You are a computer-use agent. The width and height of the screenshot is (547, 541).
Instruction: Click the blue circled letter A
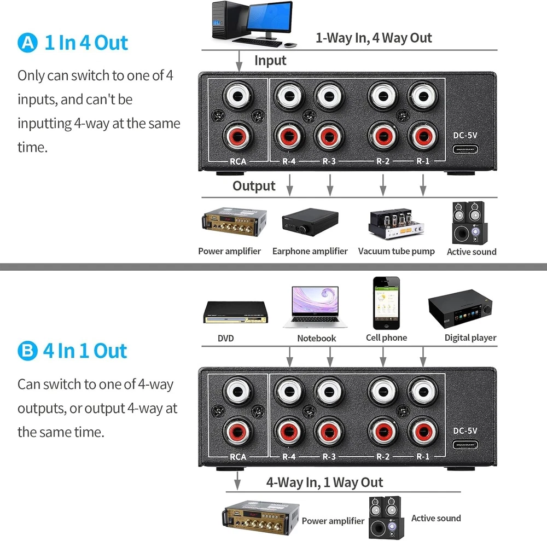tap(27, 43)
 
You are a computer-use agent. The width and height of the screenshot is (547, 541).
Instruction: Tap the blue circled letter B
tap(27, 351)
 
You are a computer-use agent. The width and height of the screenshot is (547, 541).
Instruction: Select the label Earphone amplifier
tap(310, 252)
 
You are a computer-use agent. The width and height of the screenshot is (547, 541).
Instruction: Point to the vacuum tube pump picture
tap(395, 224)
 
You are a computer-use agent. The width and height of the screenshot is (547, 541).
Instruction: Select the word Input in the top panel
tap(270, 60)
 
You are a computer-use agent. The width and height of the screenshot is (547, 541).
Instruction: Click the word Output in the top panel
tap(254, 186)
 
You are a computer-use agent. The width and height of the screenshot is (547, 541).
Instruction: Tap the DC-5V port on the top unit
tap(465, 149)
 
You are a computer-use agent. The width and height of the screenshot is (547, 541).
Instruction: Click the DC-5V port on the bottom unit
tap(465, 445)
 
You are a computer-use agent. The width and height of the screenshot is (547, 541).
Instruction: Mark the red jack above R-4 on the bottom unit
tap(290, 430)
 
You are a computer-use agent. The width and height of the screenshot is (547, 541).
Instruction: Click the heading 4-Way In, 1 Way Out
tap(324, 482)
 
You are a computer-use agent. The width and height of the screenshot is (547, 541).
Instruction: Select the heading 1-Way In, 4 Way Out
tap(374, 38)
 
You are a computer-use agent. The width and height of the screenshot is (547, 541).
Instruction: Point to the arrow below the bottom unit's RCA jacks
tap(237, 481)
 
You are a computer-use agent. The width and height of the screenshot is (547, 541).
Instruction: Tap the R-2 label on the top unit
tap(382, 161)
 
